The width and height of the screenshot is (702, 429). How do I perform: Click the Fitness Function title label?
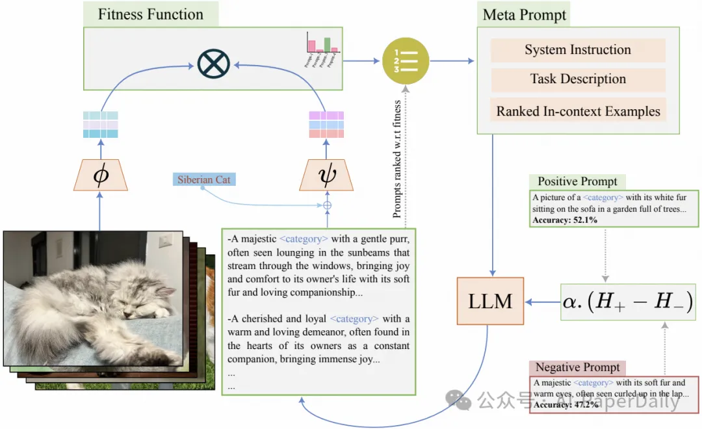pos(150,14)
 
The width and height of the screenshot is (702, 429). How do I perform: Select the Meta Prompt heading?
pos(525,14)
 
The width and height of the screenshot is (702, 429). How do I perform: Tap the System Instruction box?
pos(578,50)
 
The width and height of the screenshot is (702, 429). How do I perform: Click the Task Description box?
pos(578,79)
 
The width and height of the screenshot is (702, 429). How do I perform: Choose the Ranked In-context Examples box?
pos(578,111)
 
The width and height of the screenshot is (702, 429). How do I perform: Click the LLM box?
pos(491,301)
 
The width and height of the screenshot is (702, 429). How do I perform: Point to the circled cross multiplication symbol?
pos(214,64)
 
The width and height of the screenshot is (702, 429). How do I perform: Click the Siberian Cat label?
pos(204,179)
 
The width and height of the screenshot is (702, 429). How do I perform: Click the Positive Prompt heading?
pos(577,182)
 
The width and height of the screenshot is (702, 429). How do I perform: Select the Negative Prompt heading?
pos(577,367)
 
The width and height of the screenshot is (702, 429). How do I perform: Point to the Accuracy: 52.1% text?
pos(565,220)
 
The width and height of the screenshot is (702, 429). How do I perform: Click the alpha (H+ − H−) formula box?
pos(628,302)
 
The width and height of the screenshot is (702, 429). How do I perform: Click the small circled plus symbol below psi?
pos(328,205)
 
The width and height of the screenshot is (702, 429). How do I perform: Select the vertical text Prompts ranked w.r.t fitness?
pos(397,159)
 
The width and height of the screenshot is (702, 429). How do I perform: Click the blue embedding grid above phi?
pos(101,125)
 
